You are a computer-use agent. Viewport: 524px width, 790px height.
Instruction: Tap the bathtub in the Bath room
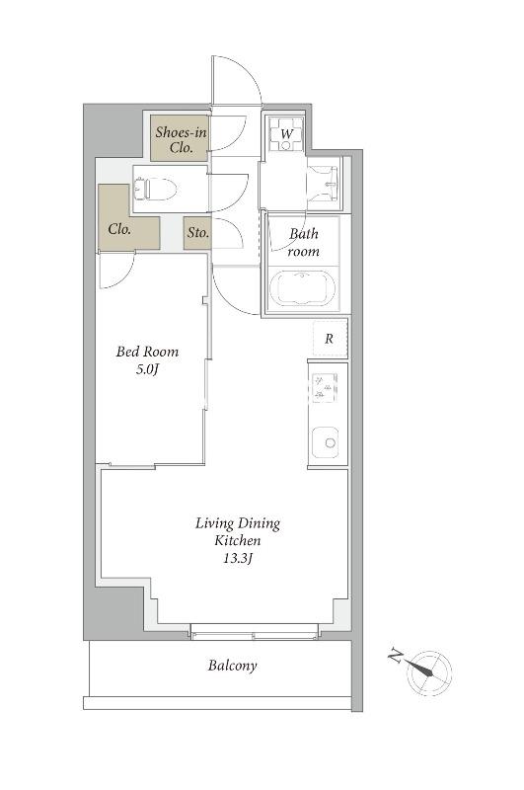click(x=302, y=288)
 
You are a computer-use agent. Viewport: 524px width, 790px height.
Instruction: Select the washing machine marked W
click(x=286, y=134)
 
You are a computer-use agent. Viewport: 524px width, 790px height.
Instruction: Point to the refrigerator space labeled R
click(x=330, y=338)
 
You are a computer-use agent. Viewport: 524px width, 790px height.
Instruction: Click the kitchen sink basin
click(x=326, y=442)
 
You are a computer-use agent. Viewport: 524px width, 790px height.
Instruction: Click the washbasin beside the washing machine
click(x=324, y=184)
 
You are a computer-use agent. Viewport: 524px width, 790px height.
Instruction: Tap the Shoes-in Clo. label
click(x=181, y=139)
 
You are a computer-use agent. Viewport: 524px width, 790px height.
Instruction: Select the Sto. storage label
click(x=197, y=233)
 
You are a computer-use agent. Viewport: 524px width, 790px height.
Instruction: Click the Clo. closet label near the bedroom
click(x=119, y=229)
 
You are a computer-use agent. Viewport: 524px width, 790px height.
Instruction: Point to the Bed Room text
click(x=147, y=352)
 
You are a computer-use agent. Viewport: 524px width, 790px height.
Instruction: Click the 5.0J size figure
click(x=147, y=369)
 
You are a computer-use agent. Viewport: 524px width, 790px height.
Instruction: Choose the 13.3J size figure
click(x=238, y=558)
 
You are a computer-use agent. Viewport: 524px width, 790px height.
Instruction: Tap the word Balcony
click(x=233, y=666)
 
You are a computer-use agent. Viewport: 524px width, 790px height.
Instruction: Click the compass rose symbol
click(x=429, y=672)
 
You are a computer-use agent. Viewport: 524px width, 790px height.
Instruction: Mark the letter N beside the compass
click(x=395, y=657)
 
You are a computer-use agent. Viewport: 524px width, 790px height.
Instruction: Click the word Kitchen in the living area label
click(x=238, y=540)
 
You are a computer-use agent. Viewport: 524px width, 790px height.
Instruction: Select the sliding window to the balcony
click(x=255, y=632)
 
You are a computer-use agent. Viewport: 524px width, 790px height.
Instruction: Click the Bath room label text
click(x=304, y=242)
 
